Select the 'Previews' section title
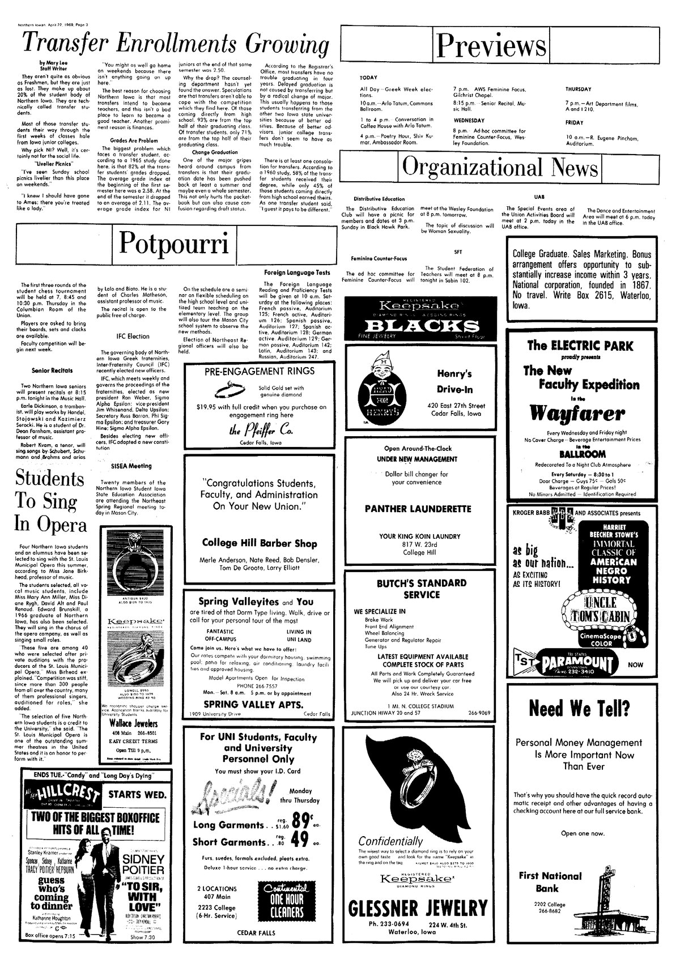(492, 46)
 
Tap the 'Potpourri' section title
(174, 243)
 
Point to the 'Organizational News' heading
(500, 168)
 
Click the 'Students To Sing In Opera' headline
(51, 501)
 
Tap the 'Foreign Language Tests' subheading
(297, 272)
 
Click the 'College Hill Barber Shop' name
(260, 543)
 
